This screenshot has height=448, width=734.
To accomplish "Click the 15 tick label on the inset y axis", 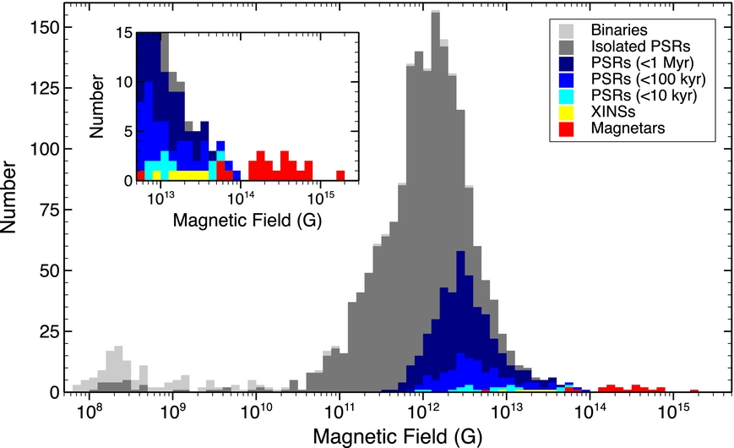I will coord(123,34).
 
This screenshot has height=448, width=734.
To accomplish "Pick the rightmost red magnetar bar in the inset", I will coord(340,176).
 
